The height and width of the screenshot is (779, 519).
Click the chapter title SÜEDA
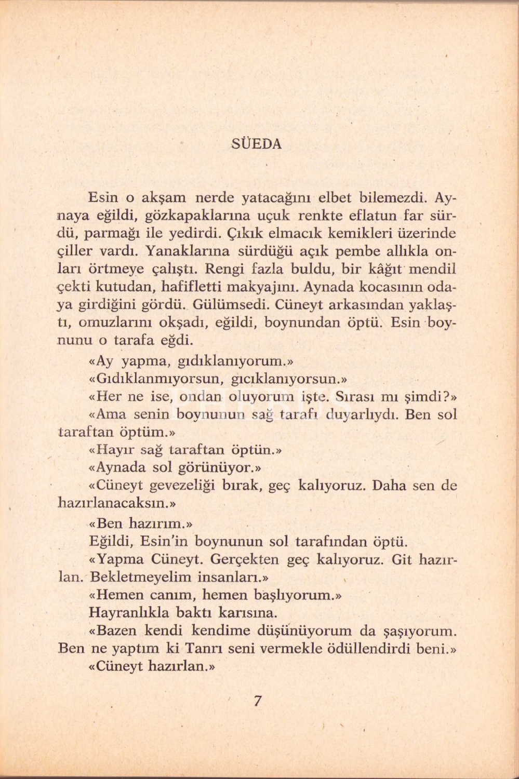click(256, 144)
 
